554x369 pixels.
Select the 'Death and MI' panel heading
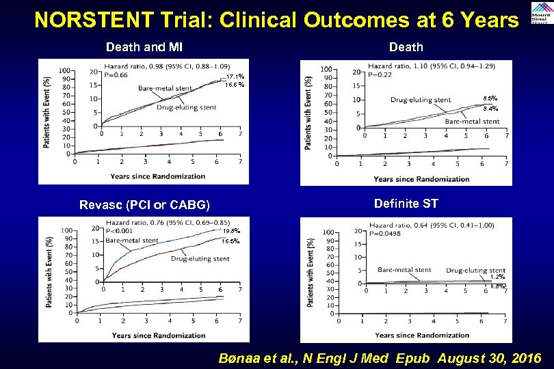point(144,47)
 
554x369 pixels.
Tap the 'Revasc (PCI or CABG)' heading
point(144,205)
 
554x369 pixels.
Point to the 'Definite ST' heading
point(406,204)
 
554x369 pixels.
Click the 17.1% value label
point(235,76)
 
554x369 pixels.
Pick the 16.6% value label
point(235,85)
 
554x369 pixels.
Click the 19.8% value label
point(231,231)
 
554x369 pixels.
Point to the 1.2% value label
point(497,277)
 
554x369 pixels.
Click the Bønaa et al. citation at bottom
point(380,358)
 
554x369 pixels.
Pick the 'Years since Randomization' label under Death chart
point(421,179)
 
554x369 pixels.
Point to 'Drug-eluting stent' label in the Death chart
point(421,100)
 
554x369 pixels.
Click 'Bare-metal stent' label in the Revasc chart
point(132,241)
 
